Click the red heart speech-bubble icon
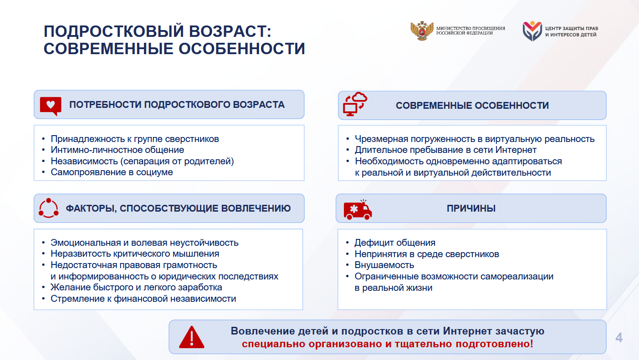(51, 106)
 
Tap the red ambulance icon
(358, 210)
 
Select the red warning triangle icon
(192, 337)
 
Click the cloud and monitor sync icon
(355, 104)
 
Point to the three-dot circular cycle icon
(48, 208)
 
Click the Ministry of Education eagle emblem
(422, 31)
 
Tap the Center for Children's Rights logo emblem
(532, 31)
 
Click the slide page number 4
(619, 338)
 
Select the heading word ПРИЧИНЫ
(471, 208)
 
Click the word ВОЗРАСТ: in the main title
(230, 31)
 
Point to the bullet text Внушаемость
(384, 265)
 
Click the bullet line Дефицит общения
(395, 243)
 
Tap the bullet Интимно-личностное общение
(117, 150)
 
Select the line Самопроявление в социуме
(112, 172)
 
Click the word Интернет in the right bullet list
(516, 150)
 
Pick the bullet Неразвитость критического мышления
(135, 254)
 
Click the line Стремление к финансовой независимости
(143, 299)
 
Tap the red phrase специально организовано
(312, 344)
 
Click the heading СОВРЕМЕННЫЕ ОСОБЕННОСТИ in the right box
(472, 106)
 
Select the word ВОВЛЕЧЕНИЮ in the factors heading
(256, 208)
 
